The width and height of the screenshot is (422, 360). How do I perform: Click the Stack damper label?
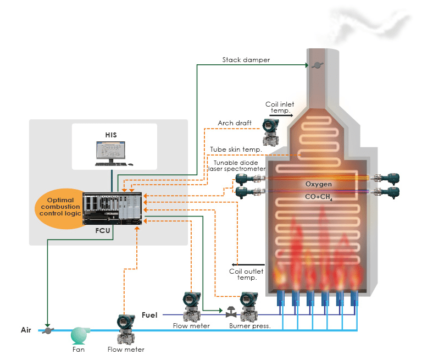coord(246,60)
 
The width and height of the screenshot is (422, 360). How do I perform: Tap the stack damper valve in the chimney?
coord(317,65)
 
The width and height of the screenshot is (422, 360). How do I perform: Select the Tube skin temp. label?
coord(235,149)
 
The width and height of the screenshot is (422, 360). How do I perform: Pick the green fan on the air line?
coord(79,334)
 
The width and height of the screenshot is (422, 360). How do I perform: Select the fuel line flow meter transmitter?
coord(192,306)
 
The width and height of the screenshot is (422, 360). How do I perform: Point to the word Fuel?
coord(149,315)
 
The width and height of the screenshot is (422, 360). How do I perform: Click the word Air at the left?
coord(26,330)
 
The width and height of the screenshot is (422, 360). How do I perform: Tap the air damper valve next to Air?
coord(48,330)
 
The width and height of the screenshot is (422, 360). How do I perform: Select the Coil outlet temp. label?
coord(246,274)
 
